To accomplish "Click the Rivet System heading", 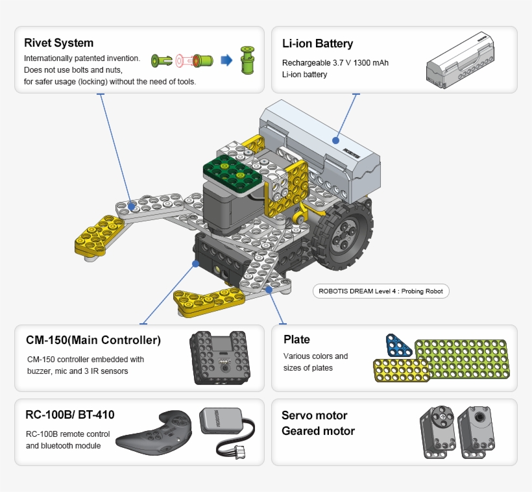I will point(58,43).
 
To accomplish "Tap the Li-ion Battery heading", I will point(317,44).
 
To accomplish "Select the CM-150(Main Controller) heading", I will point(93,341).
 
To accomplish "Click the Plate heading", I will point(296,339).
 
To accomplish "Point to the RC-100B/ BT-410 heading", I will point(70,415).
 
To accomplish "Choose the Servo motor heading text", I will point(314,415).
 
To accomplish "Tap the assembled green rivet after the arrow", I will point(247,60).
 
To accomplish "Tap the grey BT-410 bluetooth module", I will point(219,422).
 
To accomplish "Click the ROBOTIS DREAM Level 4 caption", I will point(381,291).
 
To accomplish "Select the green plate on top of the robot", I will point(232,171).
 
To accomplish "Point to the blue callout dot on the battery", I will point(336,139).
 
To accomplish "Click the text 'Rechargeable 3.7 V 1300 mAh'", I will point(335,63).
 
